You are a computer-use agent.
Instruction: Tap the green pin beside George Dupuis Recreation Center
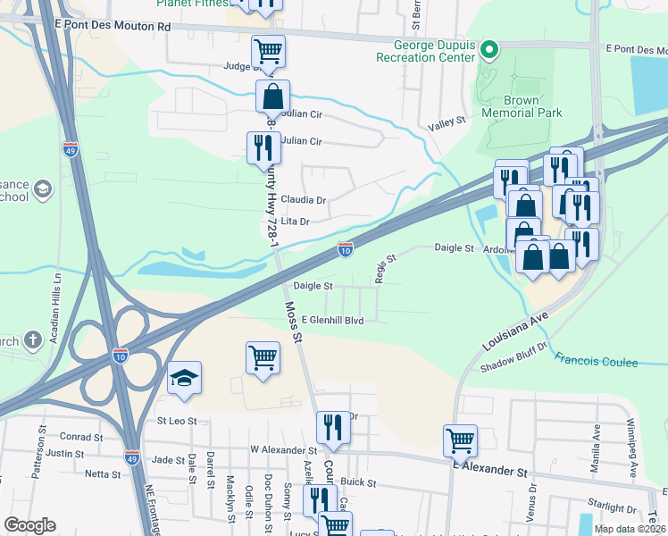[x=488, y=49]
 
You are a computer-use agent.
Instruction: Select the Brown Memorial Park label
[x=522, y=107]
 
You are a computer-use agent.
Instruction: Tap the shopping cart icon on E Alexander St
[x=460, y=440]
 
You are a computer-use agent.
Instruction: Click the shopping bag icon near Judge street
[x=272, y=96]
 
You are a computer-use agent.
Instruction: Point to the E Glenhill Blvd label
[x=332, y=320]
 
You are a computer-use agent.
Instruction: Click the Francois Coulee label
[x=596, y=362]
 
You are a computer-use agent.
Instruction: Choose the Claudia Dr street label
[x=304, y=200]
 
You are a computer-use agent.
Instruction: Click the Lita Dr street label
[x=295, y=221]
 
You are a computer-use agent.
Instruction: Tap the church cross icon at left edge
[x=32, y=339]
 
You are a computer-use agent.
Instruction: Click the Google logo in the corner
[x=29, y=525]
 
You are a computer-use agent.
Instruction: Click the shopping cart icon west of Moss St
[x=263, y=357]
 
